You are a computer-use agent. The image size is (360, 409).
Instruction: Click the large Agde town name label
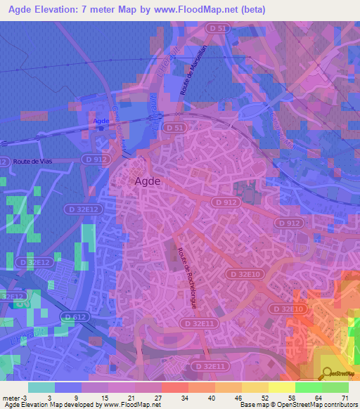(146, 181)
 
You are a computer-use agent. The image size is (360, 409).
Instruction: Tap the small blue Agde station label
(120, 120)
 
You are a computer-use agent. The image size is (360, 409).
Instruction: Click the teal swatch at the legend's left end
(41, 387)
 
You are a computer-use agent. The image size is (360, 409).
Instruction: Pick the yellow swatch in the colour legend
(255, 387)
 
